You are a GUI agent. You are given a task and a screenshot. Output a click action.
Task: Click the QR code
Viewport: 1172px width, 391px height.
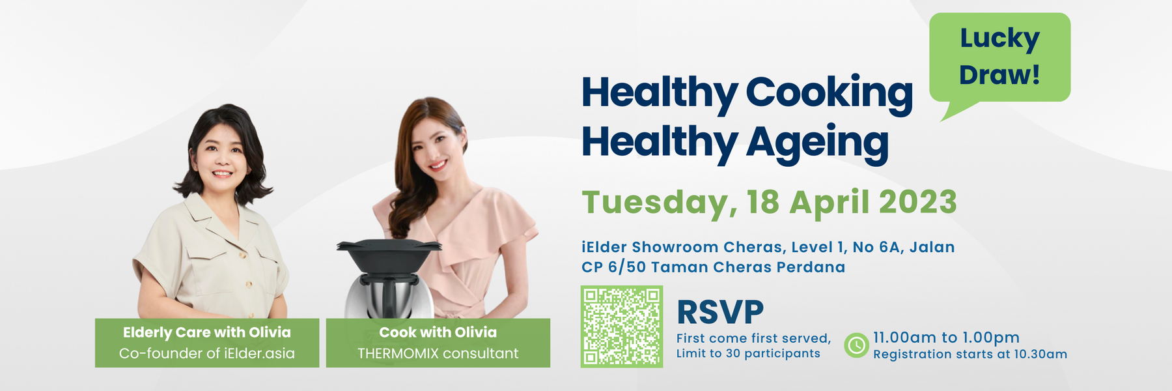(622, 326)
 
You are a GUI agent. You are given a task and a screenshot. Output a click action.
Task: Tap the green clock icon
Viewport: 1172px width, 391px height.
(856, 345)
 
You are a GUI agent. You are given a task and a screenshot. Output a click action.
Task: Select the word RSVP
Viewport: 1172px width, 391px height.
(720, 312)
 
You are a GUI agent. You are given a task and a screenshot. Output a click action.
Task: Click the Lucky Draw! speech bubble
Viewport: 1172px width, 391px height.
(999, 57)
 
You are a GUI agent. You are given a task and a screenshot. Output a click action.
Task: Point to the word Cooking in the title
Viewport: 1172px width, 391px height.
(829, 93)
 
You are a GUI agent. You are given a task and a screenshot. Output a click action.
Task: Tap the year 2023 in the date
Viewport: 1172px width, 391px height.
(918, 202)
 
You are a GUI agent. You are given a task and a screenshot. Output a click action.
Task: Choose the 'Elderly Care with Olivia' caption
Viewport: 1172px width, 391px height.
(207, 332)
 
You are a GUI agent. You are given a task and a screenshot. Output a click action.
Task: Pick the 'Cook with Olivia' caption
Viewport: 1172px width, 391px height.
(438, 332)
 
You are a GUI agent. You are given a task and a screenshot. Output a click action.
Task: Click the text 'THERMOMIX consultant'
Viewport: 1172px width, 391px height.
(438, 353)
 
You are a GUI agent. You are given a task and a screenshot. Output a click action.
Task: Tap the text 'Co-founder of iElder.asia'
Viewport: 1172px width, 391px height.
(207, 353)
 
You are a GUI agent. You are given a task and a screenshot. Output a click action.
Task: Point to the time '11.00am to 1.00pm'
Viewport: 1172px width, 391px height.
(946, 338)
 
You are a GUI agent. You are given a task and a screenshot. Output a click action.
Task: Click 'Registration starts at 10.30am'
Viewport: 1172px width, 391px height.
(970, 355)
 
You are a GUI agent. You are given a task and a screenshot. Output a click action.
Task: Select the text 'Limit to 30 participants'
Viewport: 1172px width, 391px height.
(748, 353)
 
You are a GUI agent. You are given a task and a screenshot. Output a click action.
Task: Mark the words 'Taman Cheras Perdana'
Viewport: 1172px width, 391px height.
(748, 267)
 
